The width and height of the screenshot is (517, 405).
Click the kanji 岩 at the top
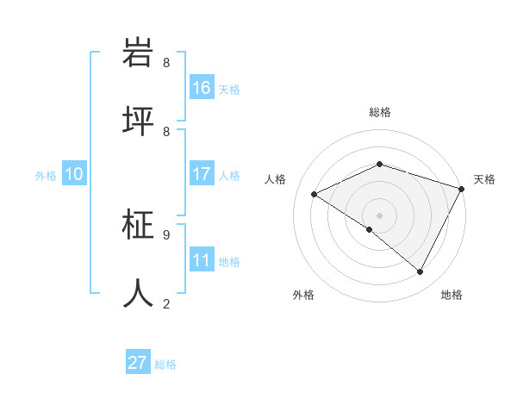pyautogui.click(x=140, y=53)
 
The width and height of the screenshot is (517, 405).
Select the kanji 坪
pyautogui.click(x=140, y=121)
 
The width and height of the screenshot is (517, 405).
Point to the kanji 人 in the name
pyautogui.click(x=140, y=293)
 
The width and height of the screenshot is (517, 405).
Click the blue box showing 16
pyautogui.click(x=202, y=88)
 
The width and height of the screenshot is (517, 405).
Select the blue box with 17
pyautogui.click(x=202, y=174)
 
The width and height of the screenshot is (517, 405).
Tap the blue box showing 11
pyautogui.click(x=202, y=260)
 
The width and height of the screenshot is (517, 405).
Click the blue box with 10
pyautogui.click(x=74, y=174)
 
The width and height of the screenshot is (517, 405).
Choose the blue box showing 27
pyautogui.click(x=138, y=363)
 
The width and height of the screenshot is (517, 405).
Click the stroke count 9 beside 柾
pyautogui.click(x=166, y=234)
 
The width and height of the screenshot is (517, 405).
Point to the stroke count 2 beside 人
pyautogui.click(x=166, y=303)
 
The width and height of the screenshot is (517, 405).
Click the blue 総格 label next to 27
pyautogui.click(x=165, y=364)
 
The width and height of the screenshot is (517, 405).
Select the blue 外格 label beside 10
pyautogui.click(x=46, y=176)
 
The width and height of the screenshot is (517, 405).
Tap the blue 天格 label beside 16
pyautogui.click(x=229, y=90)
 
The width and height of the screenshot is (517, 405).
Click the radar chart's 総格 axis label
pyautogui.click(x=379, y=112)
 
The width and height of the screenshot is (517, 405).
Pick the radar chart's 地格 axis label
pyautogui.click(x=452, y=295)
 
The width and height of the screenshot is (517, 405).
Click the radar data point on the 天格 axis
pyautogui.click(x=462, y=189)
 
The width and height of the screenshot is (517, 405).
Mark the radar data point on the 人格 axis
pyautogui.click(x=315, y=195)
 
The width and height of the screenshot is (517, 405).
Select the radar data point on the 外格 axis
pyautogui.click(x=370, y=229)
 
